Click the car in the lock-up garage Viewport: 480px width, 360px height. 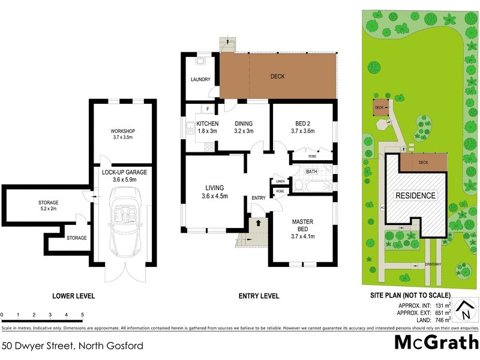coord(122,220)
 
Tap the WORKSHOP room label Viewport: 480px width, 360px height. coord(122,131)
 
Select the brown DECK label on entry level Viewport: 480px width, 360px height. coord(277,76)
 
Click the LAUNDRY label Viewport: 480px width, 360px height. coord(200,79)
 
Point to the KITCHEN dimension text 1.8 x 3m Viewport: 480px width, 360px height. coord(206,131)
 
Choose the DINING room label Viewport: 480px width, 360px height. coord(243,124)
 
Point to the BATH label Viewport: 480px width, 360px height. coord(311,172)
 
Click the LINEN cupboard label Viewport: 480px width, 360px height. coord(280,181)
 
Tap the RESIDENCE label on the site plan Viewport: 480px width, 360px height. coord(415,196)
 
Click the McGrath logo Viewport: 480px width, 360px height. coord(436,341)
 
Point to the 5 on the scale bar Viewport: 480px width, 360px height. coord(82,314)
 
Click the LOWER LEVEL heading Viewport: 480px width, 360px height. coord(74,296)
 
